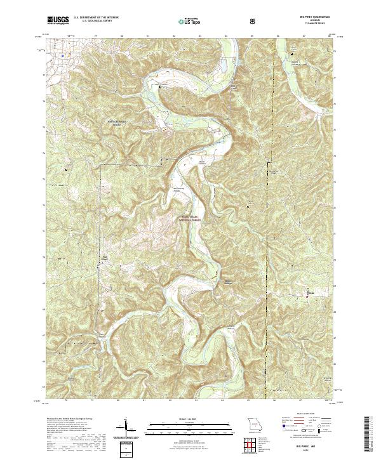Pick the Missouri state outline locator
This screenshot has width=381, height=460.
tap(255, 423)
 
